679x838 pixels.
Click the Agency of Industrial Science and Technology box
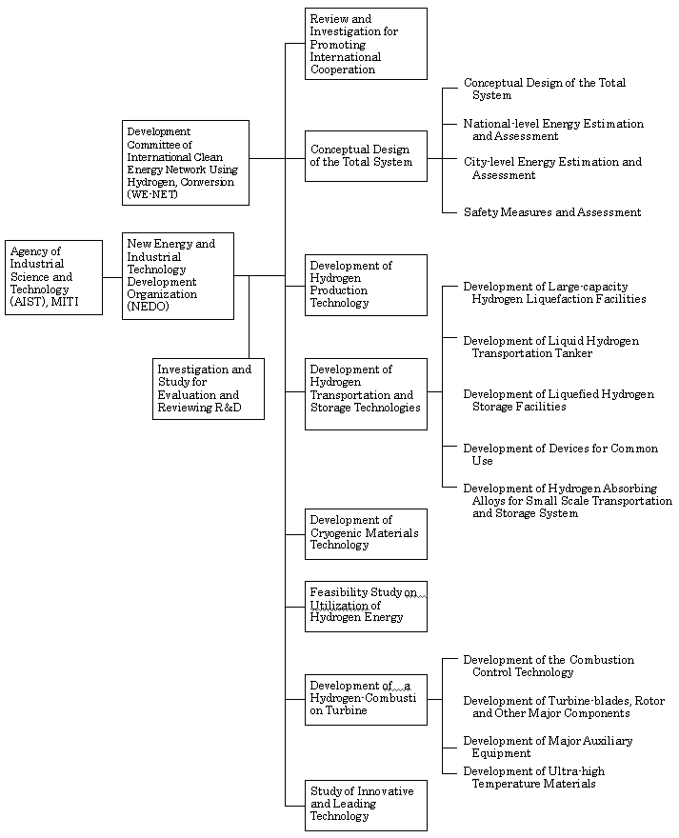point(53,277)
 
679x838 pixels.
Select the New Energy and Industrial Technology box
point(178,276)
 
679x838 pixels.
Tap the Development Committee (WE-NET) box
point(186,163)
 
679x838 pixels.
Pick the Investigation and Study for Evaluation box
point(209,389)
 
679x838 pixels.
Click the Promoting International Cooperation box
point(366,44)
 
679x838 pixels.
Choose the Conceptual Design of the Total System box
point(366,156)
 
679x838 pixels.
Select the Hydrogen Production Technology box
point(366,285)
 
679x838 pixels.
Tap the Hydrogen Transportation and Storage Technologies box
point(366,394)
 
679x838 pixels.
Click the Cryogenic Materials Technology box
point(366,534)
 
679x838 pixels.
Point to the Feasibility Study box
point(366,606)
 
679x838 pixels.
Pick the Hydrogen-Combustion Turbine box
point(366,700)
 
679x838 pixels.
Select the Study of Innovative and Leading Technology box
point(366,806)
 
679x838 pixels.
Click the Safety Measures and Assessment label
point(552,212)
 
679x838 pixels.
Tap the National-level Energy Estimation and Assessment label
point(553,130)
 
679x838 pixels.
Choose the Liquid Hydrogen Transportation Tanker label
point(550,347)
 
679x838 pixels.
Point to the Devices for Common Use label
point(560,454)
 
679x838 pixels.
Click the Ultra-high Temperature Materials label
point(533,777)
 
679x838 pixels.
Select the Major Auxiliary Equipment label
point(548,747)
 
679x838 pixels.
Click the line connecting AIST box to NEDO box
point(112,277)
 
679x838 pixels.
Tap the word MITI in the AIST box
point(65,302)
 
